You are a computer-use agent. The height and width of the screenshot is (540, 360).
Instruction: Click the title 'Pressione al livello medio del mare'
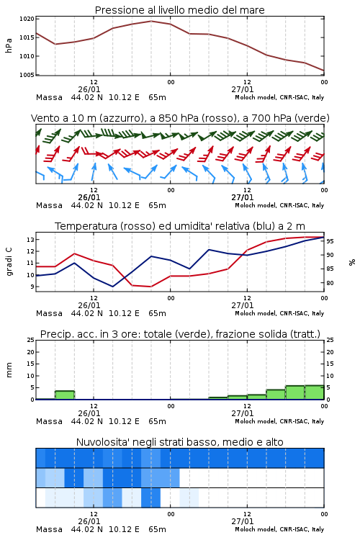click(179, 10)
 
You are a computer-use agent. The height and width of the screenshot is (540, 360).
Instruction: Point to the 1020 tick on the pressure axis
click(27, 19)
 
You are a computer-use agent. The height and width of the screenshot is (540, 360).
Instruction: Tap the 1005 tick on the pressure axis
click(27, 75)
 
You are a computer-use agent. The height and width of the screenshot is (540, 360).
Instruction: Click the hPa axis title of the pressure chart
click(9, 45)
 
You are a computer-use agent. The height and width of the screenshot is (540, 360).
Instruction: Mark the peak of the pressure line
click(151, 22)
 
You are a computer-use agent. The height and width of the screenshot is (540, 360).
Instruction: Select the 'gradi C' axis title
click(9, 262)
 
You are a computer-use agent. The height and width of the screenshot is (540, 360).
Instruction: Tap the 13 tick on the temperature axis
click(30, 239)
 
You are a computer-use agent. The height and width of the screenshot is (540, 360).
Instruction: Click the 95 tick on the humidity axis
click(330, 241)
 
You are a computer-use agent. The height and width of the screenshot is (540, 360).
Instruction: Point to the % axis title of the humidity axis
click(352, 262)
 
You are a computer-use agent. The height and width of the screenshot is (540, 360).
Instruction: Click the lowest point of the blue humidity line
click(112, 287)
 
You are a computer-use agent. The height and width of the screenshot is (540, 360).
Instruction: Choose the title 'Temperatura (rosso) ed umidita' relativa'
click(179, 226)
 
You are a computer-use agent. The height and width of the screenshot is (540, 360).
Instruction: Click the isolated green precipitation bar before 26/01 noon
click(65, 395)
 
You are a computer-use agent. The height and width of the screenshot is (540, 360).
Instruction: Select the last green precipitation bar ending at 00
click(315, 392)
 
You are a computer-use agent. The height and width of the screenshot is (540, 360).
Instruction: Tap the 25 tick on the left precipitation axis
click(31, 340)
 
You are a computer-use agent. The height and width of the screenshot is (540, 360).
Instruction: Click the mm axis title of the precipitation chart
click(9, 370)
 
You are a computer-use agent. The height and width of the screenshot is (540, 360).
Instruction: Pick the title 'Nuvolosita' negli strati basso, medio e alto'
click(179, 442)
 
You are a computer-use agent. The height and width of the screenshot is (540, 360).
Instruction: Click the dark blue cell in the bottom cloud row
click(151, 498)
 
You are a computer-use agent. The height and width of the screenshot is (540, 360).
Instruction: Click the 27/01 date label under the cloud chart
click(243, 521)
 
